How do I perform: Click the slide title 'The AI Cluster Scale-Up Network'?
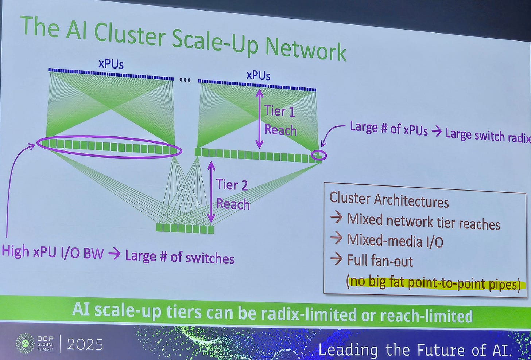click(x=182, y=38)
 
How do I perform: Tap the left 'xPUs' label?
click(x=111, y=64)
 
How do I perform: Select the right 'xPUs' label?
click(x=258, y=75)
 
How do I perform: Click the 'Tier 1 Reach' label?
click(x=280, y=120)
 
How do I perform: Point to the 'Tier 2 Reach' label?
click(x=232, y=194)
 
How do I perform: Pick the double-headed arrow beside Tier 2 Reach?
click(x=211, y=192)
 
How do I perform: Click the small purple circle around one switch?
click(x=319, y=156)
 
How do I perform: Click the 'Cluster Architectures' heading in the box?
click(x=389, y=200)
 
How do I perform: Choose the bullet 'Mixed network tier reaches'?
click(x=423, y=221)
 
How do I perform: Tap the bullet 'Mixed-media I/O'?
click(x=395, y=240)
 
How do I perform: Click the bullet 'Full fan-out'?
click(x=380, y=261)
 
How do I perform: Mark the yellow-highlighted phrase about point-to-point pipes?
click(x=434, y=283)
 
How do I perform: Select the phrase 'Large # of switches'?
click(x=180, y=257)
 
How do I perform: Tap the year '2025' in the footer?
click(x=85, y=344)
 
